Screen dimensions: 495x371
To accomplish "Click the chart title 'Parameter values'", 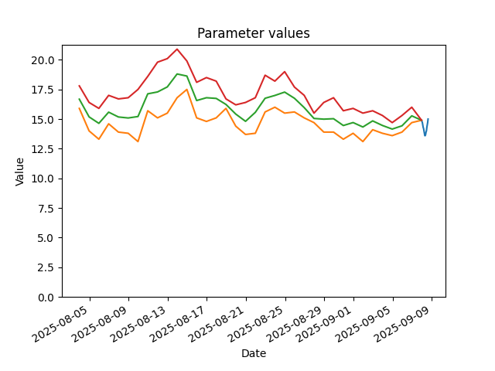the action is (254, 33).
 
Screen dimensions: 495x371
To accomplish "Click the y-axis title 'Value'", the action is (19, 172).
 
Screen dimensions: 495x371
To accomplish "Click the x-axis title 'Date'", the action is (254, 353).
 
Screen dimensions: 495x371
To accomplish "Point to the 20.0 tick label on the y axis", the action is (43, 60).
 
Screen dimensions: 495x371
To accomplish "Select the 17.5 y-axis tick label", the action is (43, 90).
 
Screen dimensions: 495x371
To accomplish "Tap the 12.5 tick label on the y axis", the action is (43, 149).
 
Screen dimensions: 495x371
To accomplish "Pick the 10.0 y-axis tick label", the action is (43, 179).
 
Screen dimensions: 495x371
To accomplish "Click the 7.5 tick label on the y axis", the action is (45, 208).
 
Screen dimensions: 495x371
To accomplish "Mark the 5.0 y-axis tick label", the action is (45, 238).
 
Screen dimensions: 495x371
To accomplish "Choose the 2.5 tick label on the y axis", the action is (45, 267).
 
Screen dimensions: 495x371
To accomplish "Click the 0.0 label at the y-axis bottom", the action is (45, 297).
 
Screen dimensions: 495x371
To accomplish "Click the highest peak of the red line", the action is (177, 49).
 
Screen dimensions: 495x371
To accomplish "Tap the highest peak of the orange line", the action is (187, 90).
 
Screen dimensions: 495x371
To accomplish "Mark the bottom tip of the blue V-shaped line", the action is (425, 136).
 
